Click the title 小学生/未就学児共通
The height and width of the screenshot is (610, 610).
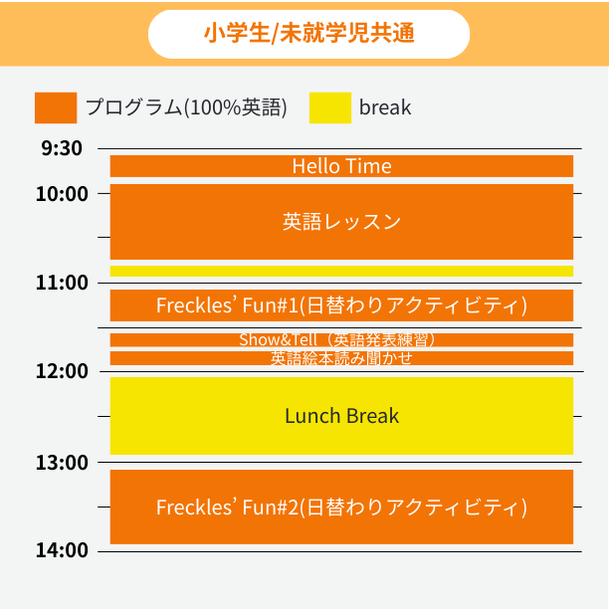(308, 34)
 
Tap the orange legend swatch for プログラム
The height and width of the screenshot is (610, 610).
(55, 107)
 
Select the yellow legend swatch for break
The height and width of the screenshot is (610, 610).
(330, 107)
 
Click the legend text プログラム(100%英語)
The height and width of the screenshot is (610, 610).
(186, 107)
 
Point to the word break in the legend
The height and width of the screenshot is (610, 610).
(385, 107)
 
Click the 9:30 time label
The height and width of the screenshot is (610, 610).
(62, 149)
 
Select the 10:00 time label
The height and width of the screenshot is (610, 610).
(62, 193)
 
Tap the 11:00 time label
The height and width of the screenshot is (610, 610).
(62, 283)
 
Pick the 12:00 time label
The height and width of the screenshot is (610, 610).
(62, 371)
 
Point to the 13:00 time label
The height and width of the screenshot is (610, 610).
(62, 462)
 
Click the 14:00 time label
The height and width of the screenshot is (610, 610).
(62, 550)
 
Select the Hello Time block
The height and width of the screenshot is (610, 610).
(341, 166)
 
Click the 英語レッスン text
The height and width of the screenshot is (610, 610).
(341, 221)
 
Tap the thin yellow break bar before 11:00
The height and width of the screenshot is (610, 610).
(341, 271)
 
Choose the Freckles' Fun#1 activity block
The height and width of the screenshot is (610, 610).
(341, 305)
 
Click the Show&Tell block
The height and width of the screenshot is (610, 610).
(341, 339)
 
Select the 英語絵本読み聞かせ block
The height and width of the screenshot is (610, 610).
(341, 358)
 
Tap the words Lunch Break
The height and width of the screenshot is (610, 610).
(341, 416)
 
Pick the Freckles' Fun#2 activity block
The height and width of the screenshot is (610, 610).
(341, 508)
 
